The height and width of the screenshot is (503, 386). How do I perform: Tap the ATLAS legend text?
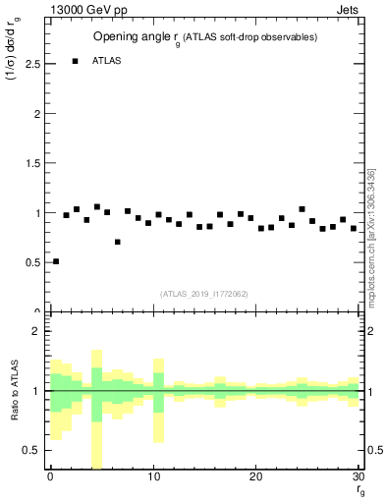click(x=107, y=61)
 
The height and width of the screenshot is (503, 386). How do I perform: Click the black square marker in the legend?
click(x=76, y=61)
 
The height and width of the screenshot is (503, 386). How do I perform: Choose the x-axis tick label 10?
click(x=153, y=477)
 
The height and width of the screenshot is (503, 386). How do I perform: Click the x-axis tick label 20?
click(x=256, y=477)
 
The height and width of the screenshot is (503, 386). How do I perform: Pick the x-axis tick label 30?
click(x=358, y=477)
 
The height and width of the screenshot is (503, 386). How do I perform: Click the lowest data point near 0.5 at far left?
click(x=56, y=261)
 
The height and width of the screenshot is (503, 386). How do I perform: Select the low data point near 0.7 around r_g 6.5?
click(x=118, y=242)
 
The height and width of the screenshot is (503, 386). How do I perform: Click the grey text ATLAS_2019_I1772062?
click(x=205, y=294)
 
